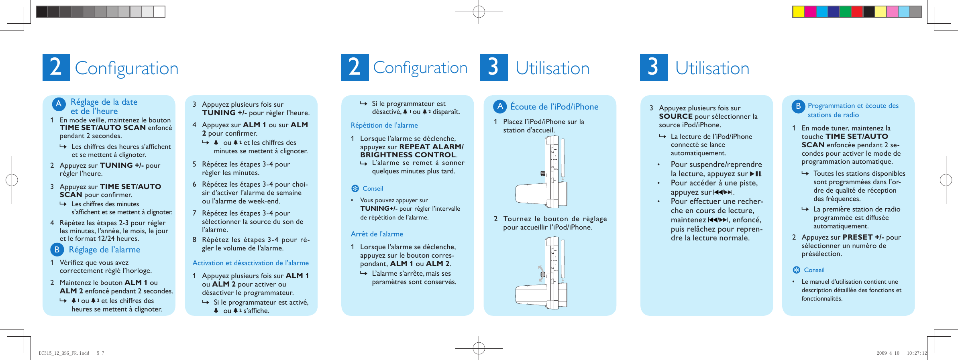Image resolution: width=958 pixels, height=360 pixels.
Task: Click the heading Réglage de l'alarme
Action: pyautogui.click(x=104, y=250)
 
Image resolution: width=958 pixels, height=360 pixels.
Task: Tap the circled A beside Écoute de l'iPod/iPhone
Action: pyautogui.click(x=500, y=106)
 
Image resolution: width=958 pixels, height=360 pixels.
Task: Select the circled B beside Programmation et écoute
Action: pyautogui.click(x=798, y=106)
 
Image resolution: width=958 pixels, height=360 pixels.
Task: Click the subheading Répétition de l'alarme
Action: pyautogui.click(x=384, y=125)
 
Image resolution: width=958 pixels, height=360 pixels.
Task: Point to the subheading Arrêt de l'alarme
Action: pyautogui.click(x=377, y=234)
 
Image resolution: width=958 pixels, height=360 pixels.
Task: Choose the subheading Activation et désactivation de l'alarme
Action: pyautogui.click(x=251, y=263)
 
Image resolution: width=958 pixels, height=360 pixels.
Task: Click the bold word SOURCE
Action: pyautogui.click(x=676, y=116)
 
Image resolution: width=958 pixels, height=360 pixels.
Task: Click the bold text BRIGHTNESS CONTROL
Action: pyautogui.click(x=408, y=155)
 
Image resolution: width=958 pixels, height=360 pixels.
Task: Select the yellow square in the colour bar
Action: pyautogui.click(x=798, y=12)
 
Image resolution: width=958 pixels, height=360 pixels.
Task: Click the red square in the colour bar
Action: pyautogui.click(x=857, y=12)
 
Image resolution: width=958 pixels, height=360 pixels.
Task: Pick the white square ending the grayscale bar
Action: pyautogui.click(x=159, y=12)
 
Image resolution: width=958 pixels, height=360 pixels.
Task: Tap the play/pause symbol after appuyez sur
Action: pyautogui.click(x=756, y=174)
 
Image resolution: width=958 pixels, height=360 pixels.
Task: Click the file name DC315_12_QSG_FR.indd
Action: pyautogui.click(x=64, y=353)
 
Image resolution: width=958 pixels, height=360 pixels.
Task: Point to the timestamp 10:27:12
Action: pyautogui.click(x=917, y=353)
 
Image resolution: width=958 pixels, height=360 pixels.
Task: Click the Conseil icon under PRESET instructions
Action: pyautogui.click(x=797, y=270)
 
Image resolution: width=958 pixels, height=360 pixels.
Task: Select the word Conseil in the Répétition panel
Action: pyautogui.click(x=373, y=189)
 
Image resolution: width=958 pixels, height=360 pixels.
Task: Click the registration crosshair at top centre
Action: pyautogui.click(x=479, y=12)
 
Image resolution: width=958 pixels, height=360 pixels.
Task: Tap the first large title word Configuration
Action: pyautogui.click(x=126, y=68)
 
